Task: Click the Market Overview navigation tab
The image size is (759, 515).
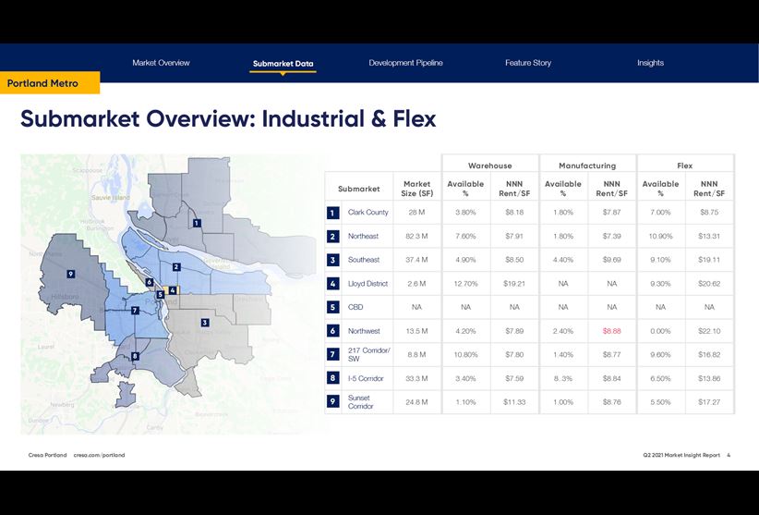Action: click(x=161, y=63)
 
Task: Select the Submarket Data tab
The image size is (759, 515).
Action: click(x=283, y=64)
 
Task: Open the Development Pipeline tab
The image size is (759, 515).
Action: click(x=405, y=63)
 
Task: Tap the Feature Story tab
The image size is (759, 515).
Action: click(x=528, y=63)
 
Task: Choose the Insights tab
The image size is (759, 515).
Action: click(x=650, y=63)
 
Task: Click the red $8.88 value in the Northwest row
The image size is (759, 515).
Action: click(x=612, y=331)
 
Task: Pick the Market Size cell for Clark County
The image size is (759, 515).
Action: click(x=416, y=213)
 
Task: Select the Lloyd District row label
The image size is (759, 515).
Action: click(x=367, y=284)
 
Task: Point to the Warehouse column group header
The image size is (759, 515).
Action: click(x=489, y=166)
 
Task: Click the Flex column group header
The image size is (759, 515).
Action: click(x=684, y=166)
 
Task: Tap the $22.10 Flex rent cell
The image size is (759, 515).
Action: click(x=709, y=331)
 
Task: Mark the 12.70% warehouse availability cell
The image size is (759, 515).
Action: click(x=465, y=284)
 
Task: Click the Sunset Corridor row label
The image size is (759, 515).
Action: click(x=361, y=402)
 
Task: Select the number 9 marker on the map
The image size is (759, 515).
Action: click(x=70, y=274)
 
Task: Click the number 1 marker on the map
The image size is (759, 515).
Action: click(x=197, y=223)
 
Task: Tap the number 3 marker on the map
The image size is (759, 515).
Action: click(x=204, y=323)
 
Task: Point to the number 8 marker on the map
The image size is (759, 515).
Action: click(x=135, y=356)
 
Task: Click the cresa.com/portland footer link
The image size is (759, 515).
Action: click(x=99, y=455)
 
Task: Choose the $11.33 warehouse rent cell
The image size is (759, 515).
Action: click(x=514, y=402)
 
